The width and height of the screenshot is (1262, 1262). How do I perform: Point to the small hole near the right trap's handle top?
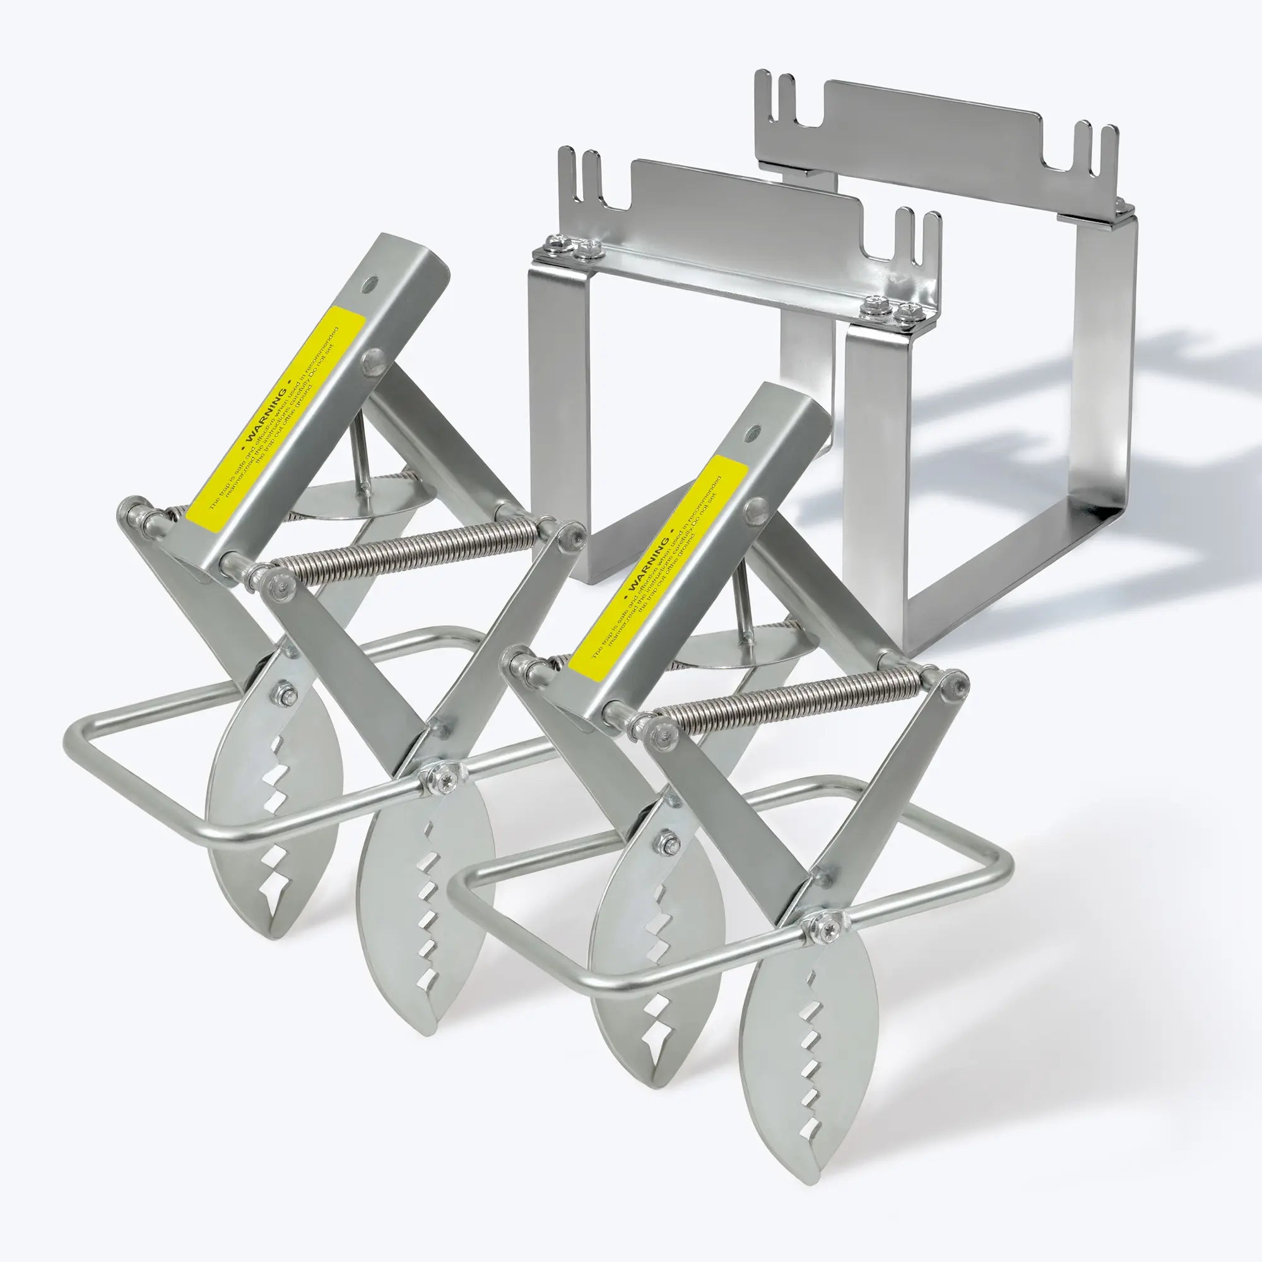(x=755, y=431)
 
